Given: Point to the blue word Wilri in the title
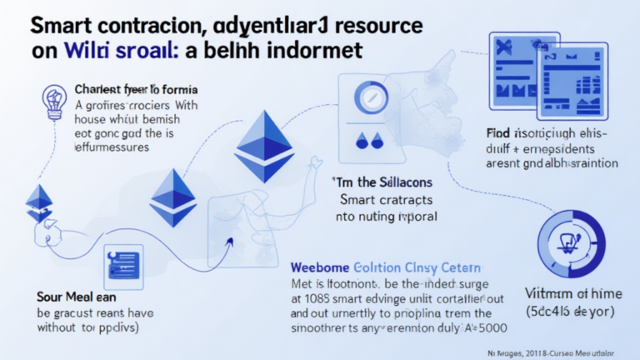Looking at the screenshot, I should pyautogui.click(x=91, y=50).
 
